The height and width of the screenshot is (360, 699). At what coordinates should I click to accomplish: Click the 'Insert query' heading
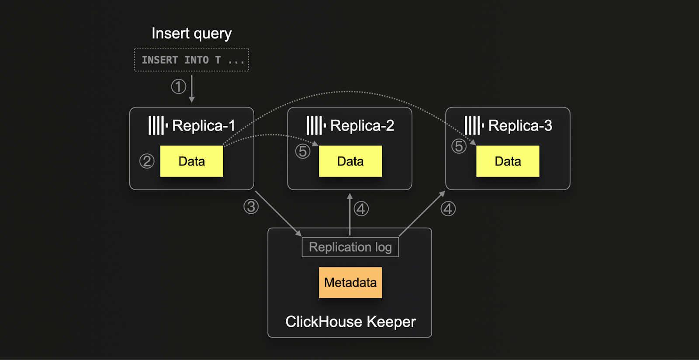(191, 34)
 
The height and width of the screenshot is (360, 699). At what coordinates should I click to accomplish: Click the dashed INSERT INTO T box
(191, 60)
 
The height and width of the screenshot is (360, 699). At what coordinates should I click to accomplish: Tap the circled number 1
(178, 87)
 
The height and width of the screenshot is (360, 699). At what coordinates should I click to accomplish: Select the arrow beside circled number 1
(192, 89)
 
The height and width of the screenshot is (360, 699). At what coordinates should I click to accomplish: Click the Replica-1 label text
(204, 126)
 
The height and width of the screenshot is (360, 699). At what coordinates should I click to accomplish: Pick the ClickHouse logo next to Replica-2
(315, 126)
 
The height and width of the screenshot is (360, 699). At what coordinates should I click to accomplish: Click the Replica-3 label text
(520, 126)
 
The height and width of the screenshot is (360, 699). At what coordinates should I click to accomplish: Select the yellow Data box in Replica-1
(191, 161)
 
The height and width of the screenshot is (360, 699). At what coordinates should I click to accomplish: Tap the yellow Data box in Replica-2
(350, 161)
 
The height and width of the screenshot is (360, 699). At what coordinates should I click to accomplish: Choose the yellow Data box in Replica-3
(508, 161)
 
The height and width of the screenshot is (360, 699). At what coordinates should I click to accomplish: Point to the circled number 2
(147, 161)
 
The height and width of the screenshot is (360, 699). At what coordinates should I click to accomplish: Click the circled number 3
(251, 207)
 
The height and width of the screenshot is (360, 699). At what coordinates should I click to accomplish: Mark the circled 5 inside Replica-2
(303, 152)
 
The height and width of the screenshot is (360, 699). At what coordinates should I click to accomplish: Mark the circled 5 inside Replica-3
(459, 146)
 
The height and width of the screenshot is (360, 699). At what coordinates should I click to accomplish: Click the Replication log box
(350, 247)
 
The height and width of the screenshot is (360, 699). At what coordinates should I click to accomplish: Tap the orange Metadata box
(350, 283)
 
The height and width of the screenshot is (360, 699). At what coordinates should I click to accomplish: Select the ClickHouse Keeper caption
(350, 322)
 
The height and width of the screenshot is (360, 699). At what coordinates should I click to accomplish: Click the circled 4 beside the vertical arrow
(361, 209)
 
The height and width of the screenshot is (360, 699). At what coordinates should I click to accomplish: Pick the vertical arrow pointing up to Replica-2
(349, 214)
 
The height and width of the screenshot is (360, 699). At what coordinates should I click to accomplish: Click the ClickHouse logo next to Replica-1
(158, 126)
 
